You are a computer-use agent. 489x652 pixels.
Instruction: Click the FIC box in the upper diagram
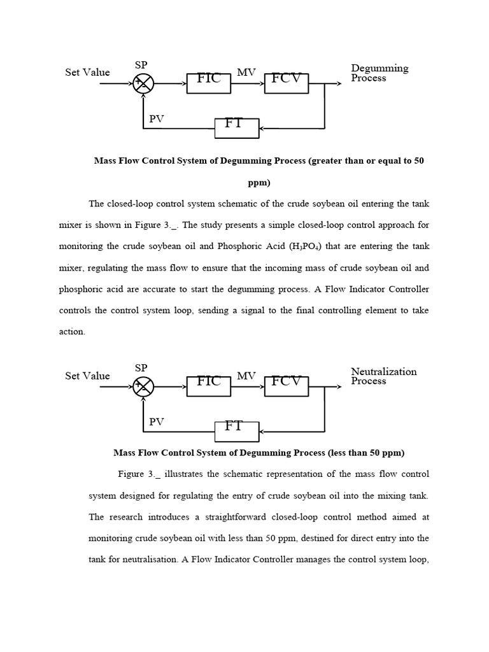tap(209, 83)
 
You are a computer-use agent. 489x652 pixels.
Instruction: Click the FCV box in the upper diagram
tap(287, 83)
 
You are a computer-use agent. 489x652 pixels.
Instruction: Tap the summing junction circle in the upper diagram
tap(143, 83)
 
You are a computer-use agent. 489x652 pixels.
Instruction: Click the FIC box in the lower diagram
tap(209, 386)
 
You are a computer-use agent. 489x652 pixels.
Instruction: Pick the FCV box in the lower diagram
tap(287, 386)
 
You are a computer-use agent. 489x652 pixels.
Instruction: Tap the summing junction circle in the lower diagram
tap(143, 386)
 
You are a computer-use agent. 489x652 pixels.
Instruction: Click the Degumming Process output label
tap(379, 73)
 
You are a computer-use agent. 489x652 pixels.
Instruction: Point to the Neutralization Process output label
tap(383, 376)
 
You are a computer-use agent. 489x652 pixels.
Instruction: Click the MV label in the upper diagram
tap(246, 73)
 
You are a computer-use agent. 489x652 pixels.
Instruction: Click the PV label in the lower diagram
tap(157, 422)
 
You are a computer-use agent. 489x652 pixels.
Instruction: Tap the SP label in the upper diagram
tap(141, 65)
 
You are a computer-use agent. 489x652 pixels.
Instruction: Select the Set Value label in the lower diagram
tap(87, 376)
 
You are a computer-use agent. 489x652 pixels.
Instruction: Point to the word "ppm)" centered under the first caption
tap(259, 183)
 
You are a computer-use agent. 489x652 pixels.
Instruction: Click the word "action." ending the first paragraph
tap(72, 332)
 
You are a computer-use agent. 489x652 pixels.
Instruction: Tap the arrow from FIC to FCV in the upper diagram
tap(248, 83)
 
